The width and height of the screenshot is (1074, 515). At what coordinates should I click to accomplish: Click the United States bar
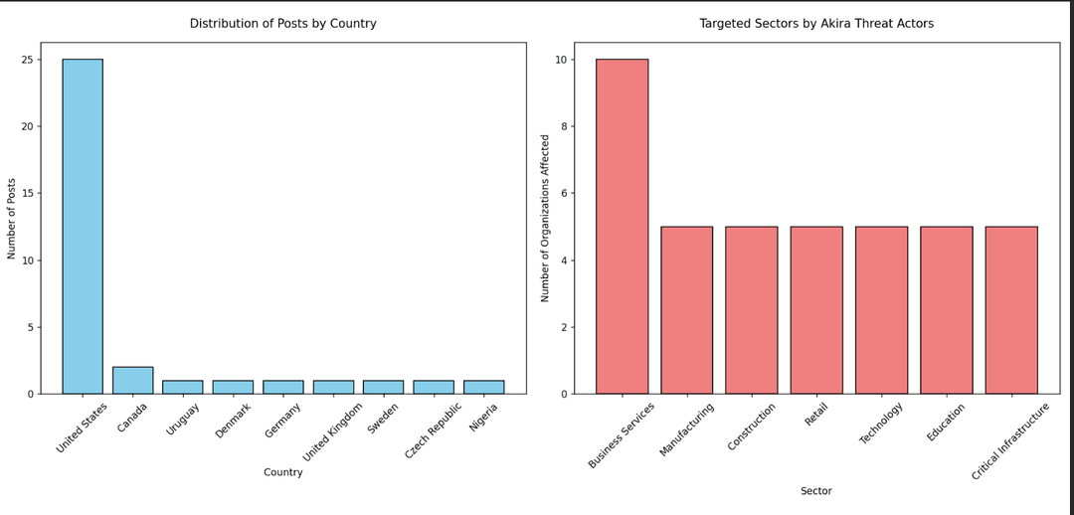pos(83,226)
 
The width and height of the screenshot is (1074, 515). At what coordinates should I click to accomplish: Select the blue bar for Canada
pos(133,380)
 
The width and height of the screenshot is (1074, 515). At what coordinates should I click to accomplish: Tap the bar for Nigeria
pos(484,387)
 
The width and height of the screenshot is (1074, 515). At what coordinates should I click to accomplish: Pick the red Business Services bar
pos(622,226)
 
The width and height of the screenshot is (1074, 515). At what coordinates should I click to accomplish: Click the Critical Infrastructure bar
pos(1011,310)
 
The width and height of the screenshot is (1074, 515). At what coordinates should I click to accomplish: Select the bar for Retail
pos(816,310)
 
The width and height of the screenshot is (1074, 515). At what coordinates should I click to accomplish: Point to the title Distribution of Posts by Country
pos(282,23)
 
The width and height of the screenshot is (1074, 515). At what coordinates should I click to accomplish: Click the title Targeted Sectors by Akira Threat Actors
pos(816,23)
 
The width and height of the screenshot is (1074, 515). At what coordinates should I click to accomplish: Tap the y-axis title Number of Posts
pos(12,219)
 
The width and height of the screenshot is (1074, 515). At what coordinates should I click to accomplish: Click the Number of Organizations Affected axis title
pos(545,219)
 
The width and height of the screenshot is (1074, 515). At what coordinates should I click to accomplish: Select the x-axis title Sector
pos(816,491)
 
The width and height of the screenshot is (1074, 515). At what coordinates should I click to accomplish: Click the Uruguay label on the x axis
pos(179,420)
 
